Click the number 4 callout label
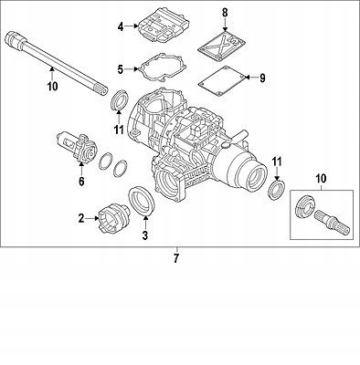[x=120, y=27]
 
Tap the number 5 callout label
[x=120, y=68]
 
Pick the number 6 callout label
[x=80, y=181]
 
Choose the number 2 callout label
[x=81, y=218]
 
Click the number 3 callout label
[x=142, y=236]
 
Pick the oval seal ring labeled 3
[x=143, y=203]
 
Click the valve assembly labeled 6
[x=77, y=146]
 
